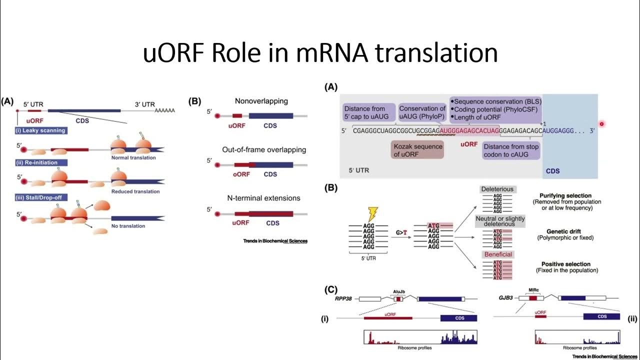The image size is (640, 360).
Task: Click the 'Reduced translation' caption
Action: coord(135,191)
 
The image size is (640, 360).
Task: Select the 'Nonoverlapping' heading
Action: coord(261,101)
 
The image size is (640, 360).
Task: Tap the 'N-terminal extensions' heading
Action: coord(261,198)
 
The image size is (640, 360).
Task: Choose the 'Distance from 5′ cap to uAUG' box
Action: coord(368,112)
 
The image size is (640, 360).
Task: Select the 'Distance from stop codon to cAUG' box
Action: coord(511,150)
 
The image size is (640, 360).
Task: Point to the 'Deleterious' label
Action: coord(497,189)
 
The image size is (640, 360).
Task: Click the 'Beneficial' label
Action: coord(497,254)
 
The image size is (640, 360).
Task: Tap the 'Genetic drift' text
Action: coord(565,230)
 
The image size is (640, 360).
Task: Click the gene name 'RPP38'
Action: coord(345,298)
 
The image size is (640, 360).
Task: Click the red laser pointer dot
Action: coord(601,124)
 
